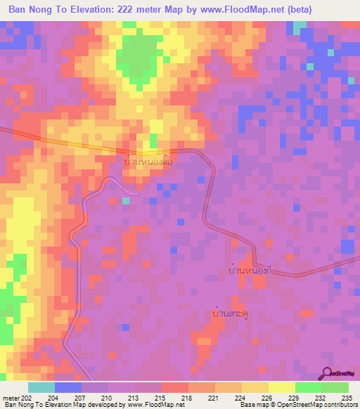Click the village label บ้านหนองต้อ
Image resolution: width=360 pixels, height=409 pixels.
pyautogui.click(x=148, y=162)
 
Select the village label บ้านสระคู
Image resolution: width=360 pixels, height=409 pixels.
pyautogui.click(x=230, y=314)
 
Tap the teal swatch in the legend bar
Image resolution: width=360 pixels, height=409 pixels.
pyautogui.click(x=41, y=387)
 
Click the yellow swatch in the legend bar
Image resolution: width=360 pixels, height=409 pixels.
pyautogui.click(x=281, y=387)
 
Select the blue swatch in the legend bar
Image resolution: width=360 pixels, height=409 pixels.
pyautogui.click(x=67, y=387)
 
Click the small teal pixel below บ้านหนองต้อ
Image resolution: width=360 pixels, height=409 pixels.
pyautogui.click(x=125, y=201)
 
